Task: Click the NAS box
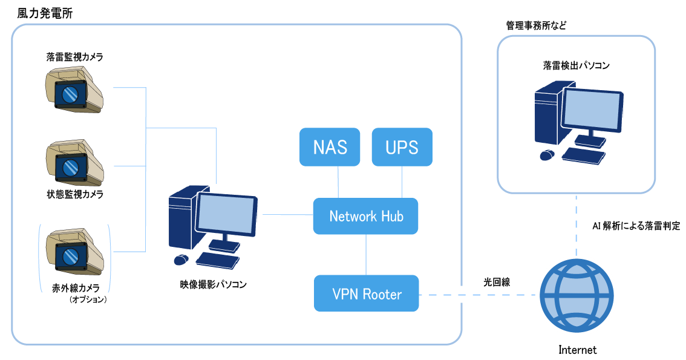(x=330, y=147)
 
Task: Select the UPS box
(x=402, y=147)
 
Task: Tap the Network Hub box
(x=365, y=216)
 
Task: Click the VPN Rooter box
(x=367, y=294)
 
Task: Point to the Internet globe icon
(x=575, y=294)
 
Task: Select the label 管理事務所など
(x=536, y=26)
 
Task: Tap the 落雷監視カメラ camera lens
(x=70, y=94)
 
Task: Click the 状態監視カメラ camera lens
(x=71, y=166)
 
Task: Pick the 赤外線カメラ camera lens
(x=71, y=252)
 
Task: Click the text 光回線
(x=496, y=282)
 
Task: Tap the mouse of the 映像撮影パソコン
(x=180, y=260)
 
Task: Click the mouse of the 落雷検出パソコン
(x=547, y=155)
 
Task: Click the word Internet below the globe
(x=577, y=350)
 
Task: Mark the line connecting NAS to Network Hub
(x=338, y=182)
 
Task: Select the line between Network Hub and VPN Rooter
(x=367, y=255)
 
